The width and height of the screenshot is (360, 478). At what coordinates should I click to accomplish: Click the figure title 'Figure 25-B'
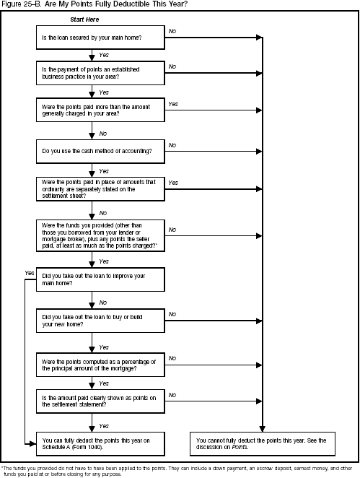click(22, 4)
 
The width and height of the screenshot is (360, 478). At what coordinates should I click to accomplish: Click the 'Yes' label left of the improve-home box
click(29, 273)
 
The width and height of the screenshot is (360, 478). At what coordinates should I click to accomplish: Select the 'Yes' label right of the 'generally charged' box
click(173, 105)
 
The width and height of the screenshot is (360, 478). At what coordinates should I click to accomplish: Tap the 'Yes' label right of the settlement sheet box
click(173, 183)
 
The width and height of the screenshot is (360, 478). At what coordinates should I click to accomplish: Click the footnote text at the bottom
click(180, 469)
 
